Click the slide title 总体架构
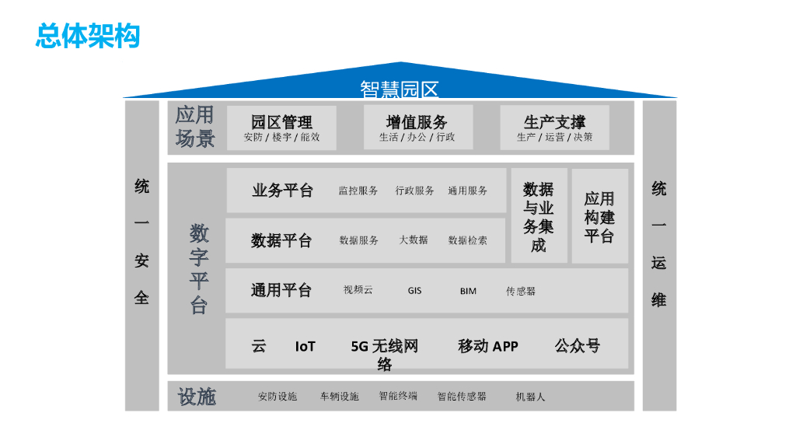point(88,36)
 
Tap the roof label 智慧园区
point(399,89)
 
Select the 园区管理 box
point(281,128)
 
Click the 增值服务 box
point(417,128)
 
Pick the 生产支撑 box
point(554,128)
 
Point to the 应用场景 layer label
point(194,128)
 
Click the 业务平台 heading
point(281,191)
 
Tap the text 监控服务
point(358,191)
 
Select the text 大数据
point(414,240)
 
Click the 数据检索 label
point(468,240)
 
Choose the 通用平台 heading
point(281,290)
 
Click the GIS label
point(414,291)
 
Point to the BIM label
point(468,291)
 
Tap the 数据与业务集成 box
point(538,216)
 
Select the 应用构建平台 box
point(599,216)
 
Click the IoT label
point(305,346)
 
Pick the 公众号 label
point(577,345)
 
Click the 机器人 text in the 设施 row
point(530,397)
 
